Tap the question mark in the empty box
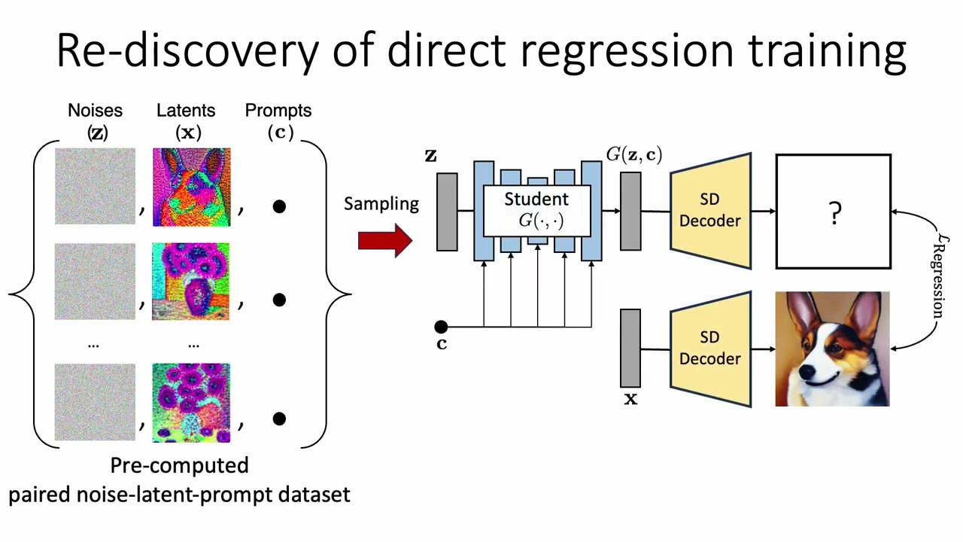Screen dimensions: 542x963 834,214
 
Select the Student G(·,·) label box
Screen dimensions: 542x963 536,210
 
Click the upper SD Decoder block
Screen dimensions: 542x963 710,211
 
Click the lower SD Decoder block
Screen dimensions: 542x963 710,349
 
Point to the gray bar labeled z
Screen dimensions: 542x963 447,212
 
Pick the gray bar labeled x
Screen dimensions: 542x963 630,348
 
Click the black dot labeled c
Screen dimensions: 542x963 441,327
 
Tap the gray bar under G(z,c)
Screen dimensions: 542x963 630,211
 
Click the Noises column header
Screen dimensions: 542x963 95,111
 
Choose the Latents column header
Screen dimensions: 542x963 186,111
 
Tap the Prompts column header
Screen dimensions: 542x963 278,111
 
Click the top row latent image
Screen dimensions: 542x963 192,187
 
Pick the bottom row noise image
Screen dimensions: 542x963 95,403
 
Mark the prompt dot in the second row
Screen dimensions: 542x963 279,300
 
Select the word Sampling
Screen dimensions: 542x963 381,204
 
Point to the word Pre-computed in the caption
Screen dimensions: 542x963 179,465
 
